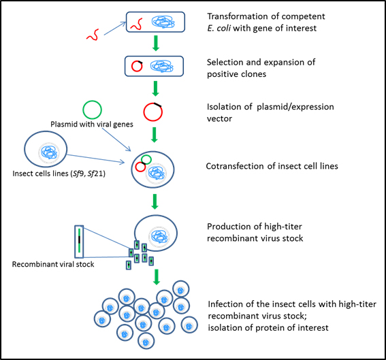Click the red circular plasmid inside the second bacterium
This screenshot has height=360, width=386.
pos(132,67)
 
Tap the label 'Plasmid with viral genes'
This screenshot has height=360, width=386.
pos(92,125)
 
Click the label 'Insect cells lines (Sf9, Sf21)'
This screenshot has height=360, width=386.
pos(59,174)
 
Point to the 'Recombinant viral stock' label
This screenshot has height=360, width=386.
pos(53,264)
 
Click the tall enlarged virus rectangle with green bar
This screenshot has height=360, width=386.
pos(79,242)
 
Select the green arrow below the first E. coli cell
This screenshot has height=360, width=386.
pos(156,44)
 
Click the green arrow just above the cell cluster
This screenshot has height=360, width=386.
pos(157,278)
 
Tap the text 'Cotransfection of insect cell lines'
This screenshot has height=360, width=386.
pos(272,166)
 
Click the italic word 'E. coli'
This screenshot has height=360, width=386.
pos(219,28)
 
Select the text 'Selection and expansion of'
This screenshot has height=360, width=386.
pos(261,62)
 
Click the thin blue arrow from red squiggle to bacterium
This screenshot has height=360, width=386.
pos(115,29)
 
